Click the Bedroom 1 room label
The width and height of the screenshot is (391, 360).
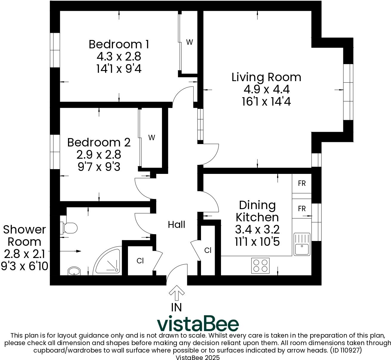click(x=119, y=44)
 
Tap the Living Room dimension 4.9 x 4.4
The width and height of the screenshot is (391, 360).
click(x=267, y=89)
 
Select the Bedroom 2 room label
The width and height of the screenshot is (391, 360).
click(x=99, y=142)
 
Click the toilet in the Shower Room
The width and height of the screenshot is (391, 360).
click(x=70, y=228)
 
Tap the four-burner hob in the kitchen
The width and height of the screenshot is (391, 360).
click(x=260, y=265)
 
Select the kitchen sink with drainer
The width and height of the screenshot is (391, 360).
click(x=302, y=244)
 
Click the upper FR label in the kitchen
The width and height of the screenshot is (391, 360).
click(x=302, y=183)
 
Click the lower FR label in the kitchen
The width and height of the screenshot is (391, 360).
click(x=302, y=208)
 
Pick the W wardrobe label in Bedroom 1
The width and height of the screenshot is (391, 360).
click(x=189, y=42)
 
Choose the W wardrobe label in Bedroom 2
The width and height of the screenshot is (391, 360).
click(x=152, y=137)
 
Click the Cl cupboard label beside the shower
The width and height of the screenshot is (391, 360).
click(x=140, y=261)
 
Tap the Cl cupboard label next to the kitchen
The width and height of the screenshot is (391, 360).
click(x=208, y=250)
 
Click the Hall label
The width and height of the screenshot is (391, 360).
click(x=177, y=225)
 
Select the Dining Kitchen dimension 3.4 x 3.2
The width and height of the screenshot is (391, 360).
click(x=257, y=229)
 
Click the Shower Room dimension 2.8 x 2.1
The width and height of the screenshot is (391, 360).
click(x=24, y=254)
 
